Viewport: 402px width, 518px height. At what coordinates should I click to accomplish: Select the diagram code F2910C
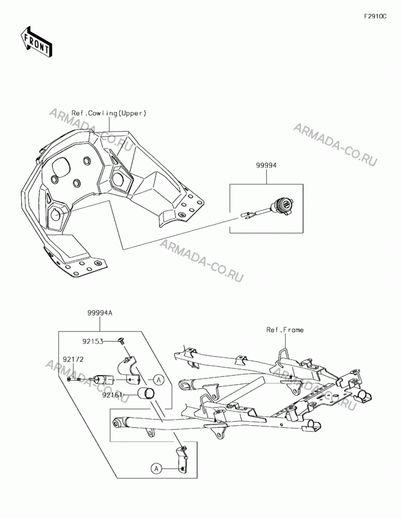375,16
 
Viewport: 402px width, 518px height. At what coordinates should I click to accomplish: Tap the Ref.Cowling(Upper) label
109,113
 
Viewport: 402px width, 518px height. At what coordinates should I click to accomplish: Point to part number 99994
266,166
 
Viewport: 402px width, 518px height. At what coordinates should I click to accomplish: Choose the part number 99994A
100,312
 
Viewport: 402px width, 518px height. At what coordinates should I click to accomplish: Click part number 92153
93,341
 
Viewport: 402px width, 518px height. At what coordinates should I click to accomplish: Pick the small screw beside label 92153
122,341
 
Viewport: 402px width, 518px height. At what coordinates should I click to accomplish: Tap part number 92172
74,359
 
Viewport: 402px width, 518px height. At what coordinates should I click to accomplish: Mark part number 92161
113,395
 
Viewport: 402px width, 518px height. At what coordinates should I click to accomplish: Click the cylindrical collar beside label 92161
146,393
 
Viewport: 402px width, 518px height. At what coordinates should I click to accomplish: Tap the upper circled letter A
159,380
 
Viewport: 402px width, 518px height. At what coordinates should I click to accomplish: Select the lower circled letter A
156,468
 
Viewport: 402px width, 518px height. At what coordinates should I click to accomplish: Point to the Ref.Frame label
285,329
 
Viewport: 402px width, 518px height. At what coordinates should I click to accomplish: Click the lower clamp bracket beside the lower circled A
182,458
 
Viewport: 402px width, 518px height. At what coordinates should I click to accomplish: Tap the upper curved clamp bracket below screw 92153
129,369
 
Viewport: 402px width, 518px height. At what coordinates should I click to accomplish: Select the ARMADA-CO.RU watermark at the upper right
335,145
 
